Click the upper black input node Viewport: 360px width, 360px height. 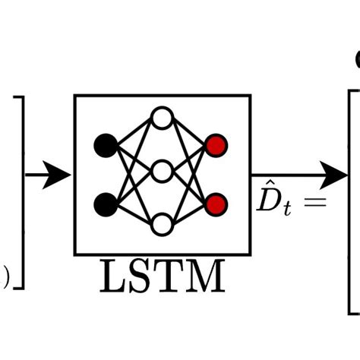[106, 144]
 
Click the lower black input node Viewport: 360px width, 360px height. [106, 204]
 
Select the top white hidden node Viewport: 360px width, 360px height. [162, 118]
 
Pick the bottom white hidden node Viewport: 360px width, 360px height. [162, 225]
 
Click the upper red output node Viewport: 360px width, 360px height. [216, 144]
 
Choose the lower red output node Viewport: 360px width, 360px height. [216, 204]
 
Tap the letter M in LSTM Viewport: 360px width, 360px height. [204, 278]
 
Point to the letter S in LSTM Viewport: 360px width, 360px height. [141, 278]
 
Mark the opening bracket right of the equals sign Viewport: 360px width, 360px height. [352, 201]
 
